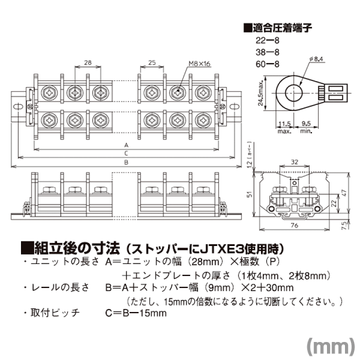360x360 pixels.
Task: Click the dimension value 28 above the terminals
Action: [88, 62]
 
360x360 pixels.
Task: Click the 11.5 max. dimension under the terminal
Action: [284, 125]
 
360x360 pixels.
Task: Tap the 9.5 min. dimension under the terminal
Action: [306, 125]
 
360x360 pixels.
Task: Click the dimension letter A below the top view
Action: [126, 145]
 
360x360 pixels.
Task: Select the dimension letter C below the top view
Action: [126, 153]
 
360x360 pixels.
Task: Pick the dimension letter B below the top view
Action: [126, 162]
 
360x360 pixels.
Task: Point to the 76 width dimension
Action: [294, 225]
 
